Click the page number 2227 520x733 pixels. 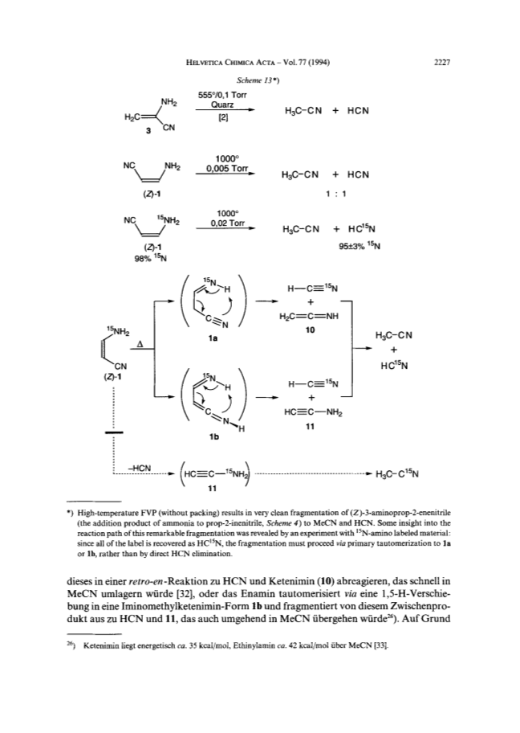point(441,63)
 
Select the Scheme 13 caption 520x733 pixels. point(258,80)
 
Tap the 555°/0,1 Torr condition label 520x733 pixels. point(222,96)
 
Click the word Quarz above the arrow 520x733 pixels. point(222,104)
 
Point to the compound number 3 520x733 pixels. point(148,131)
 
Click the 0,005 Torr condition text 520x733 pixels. point(227,168)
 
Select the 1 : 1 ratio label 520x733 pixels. point(336,193)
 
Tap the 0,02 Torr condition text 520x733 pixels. point(227,223)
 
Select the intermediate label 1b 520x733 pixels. point(214,437)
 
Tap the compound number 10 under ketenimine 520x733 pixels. point(310,330)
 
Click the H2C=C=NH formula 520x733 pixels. point(308,316)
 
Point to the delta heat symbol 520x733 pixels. point(139,345)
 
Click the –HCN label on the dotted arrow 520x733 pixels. point(139,468)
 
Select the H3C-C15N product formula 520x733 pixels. point(396,473)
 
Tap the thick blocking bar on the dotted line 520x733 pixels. point(114,433)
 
